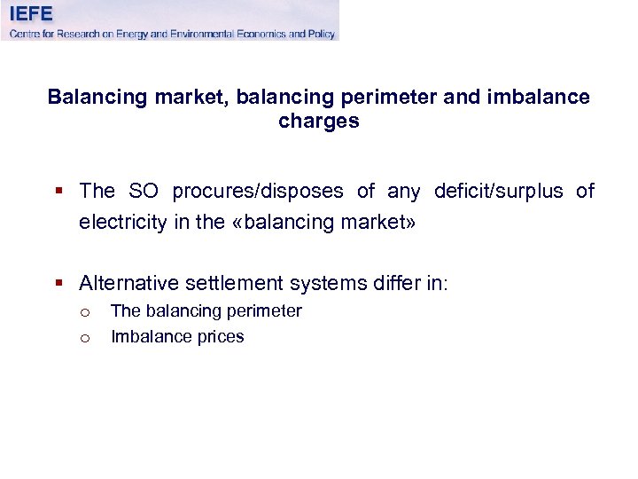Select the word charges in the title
pyautogui.click(x=318, y=122)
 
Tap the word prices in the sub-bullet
pyautogui.click(x=221, y=337)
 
